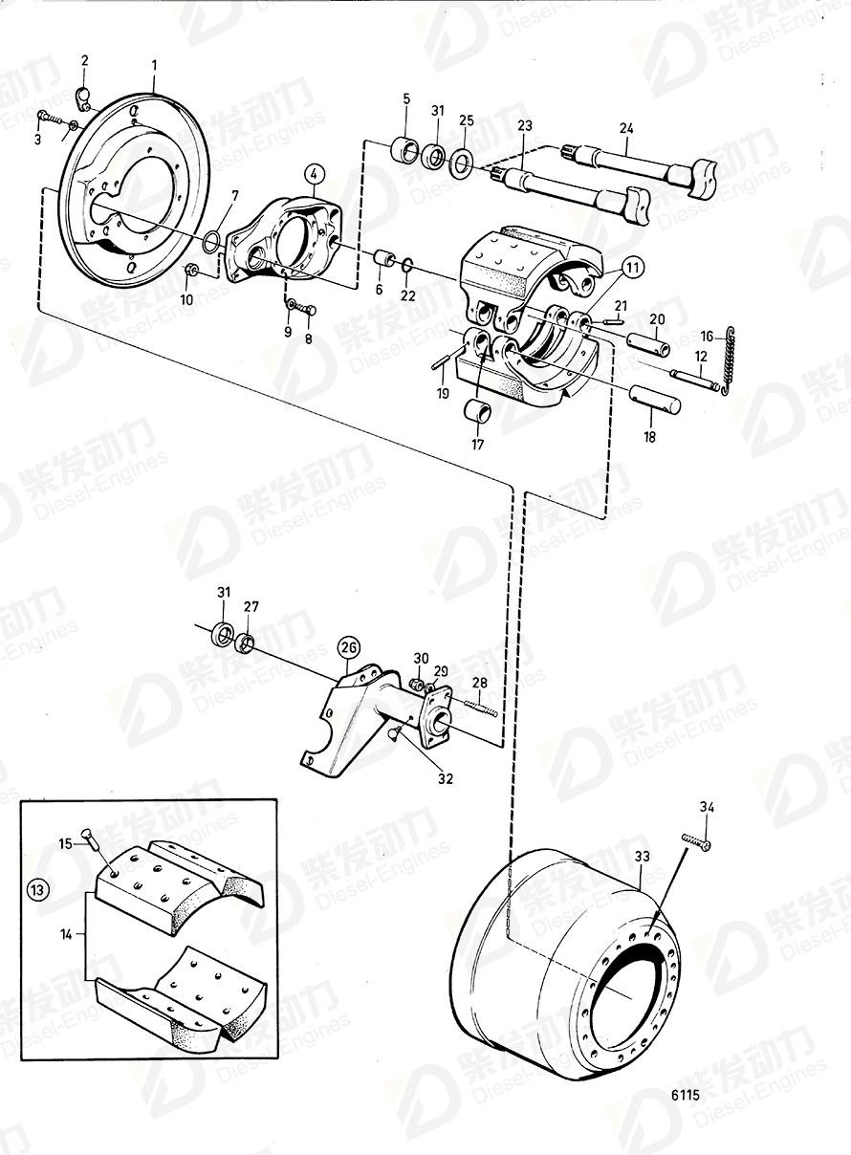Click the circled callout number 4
coord(315,174)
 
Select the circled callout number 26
coord(349,648)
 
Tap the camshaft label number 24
coord(626,125)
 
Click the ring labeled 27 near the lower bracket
coord(246,642)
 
